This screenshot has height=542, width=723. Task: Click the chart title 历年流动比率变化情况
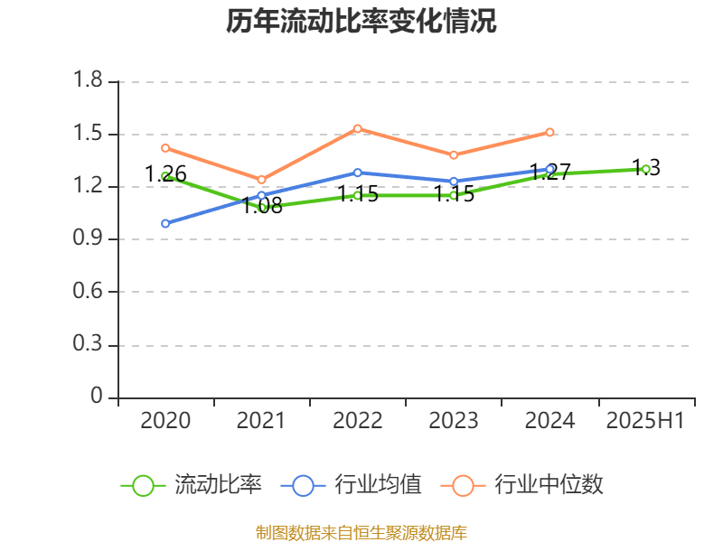click(x=361, y=22)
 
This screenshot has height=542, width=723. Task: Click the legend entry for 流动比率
click(x=192, y=485)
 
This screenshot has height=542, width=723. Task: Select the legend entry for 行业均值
click(x=352, y=485)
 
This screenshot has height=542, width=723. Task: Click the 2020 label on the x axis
click(x=165, y=421)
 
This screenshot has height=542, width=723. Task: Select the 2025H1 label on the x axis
click(x=645, y=421)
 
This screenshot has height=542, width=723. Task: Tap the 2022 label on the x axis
click(x=358, y=421)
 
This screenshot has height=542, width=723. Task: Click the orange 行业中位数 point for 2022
click(x=358, y=128)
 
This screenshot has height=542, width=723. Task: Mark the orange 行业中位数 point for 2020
click(x=165, y=148)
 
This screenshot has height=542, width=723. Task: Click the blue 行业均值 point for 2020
click(x=165, y=223)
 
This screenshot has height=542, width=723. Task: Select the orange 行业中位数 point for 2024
click(x=549, y=132)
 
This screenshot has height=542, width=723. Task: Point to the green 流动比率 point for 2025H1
click(x=645, y=169)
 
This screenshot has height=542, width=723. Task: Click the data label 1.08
click(x=262, y=206)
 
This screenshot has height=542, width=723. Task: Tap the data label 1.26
click(x=165, y=174)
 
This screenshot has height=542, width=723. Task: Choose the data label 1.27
click(x=549, y=172)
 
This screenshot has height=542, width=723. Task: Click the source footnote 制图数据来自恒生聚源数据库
click(x=361, y=532)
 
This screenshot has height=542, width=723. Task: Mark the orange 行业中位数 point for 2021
click(x=262, y=180)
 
